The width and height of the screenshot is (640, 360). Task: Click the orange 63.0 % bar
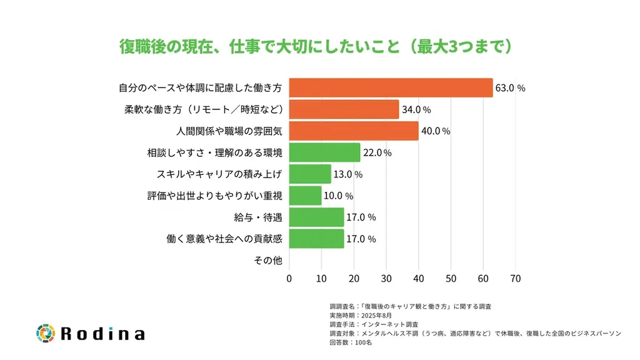click(x=391, y=88)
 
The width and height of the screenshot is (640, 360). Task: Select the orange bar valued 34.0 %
click(x=344, y=109)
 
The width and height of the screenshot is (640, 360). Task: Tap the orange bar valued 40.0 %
click(x=353, y=131)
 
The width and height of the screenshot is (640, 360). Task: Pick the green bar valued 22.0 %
click(x=324, y=152)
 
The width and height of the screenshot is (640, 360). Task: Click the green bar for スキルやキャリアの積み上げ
click(x=310, y=174)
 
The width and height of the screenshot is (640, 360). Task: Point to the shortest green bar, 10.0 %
click(x=305, y=196)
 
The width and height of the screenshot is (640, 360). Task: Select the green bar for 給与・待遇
click(x=316, y=217)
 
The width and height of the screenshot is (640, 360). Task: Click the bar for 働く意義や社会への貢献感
click(x=316, y=239)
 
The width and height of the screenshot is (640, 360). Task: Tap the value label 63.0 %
click(x=510, y=88)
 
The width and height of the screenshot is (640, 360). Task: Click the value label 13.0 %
click(x=348, y=174)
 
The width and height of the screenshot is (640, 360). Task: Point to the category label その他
click(x=268, y=261)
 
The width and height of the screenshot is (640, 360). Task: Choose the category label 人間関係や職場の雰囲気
click(x=229, y=131)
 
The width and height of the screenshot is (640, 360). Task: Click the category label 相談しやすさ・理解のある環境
click(x=214, y=152)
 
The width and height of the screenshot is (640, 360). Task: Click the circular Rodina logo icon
click(x=46, y=333)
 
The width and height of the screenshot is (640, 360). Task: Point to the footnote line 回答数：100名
click(x=351, y=342)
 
